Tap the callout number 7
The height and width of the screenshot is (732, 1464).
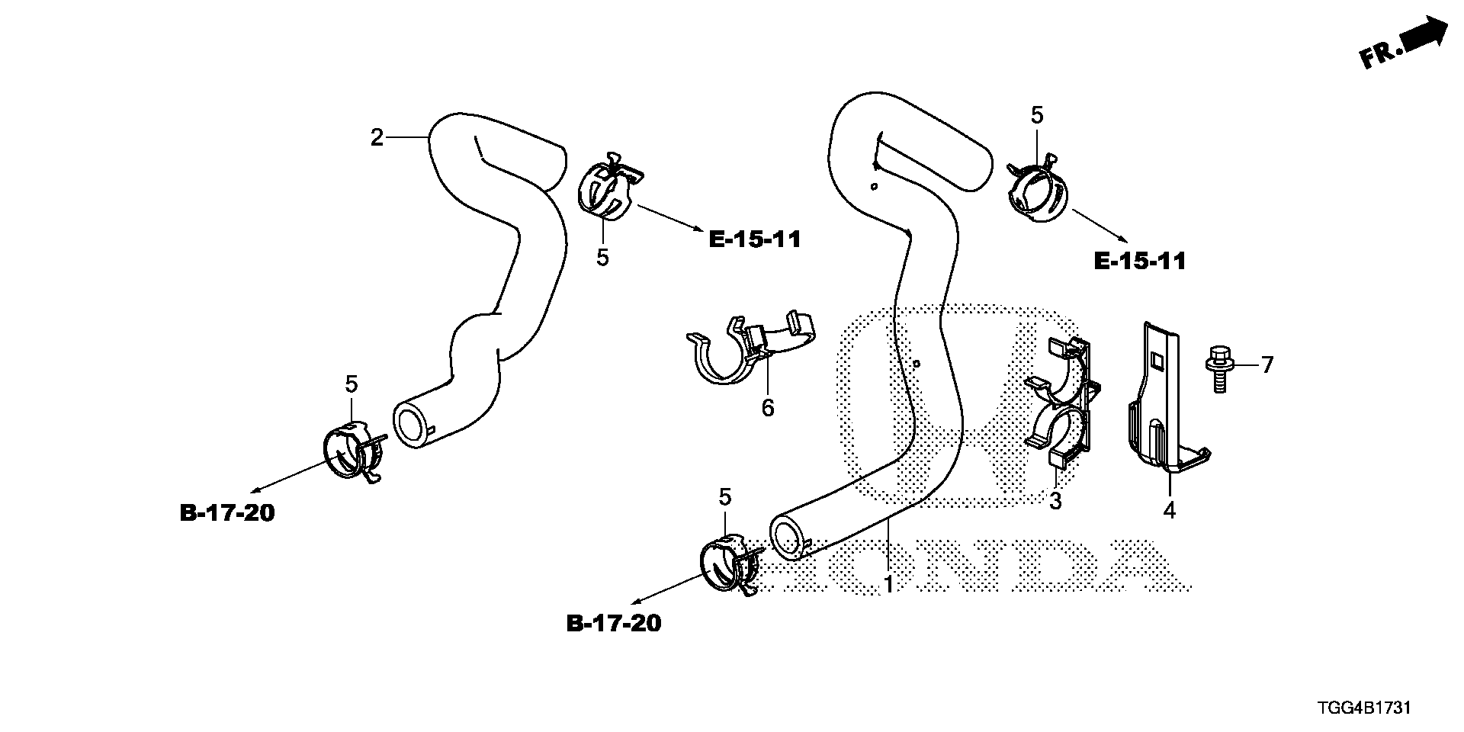[x=1267, y=365]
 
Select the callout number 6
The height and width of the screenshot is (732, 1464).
[x=768, y=408]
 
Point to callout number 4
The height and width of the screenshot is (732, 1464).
[x=1169, y=510]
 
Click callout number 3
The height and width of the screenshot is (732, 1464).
[x=1055, y=501]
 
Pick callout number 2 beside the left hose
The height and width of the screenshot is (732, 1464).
[x=377, y=138]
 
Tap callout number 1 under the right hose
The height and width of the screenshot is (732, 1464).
[x=888, y=585]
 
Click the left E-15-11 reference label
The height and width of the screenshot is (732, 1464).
[x=755, y=239]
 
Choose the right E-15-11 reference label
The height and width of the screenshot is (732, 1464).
[x=1140, y=262]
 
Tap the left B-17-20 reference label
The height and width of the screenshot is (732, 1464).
[x=227, y=512]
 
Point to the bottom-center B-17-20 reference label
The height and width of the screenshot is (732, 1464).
[x=614, y=623]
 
